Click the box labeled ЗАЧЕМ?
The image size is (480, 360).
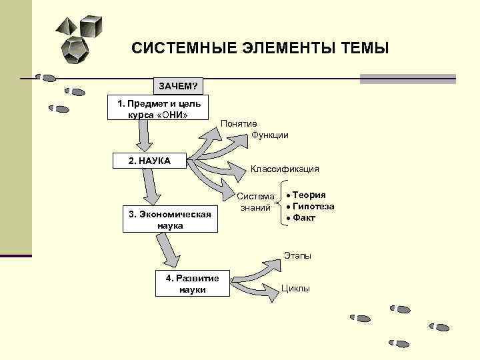(179, 86)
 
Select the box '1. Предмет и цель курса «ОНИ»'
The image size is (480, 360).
(158, 108)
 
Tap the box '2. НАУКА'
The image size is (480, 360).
(149, 161)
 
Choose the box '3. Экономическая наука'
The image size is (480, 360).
(171, 219)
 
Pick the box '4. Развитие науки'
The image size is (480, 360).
(192, 283)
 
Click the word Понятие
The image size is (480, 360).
(239, 124)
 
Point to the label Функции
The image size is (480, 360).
(270, 135)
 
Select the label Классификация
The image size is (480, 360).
(285, 169)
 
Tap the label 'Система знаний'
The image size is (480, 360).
(255, 202)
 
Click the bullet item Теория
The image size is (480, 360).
(309, 195)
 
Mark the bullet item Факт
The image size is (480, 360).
(304, 218)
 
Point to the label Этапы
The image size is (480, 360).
(297, 255)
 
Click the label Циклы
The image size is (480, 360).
(296, 289)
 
